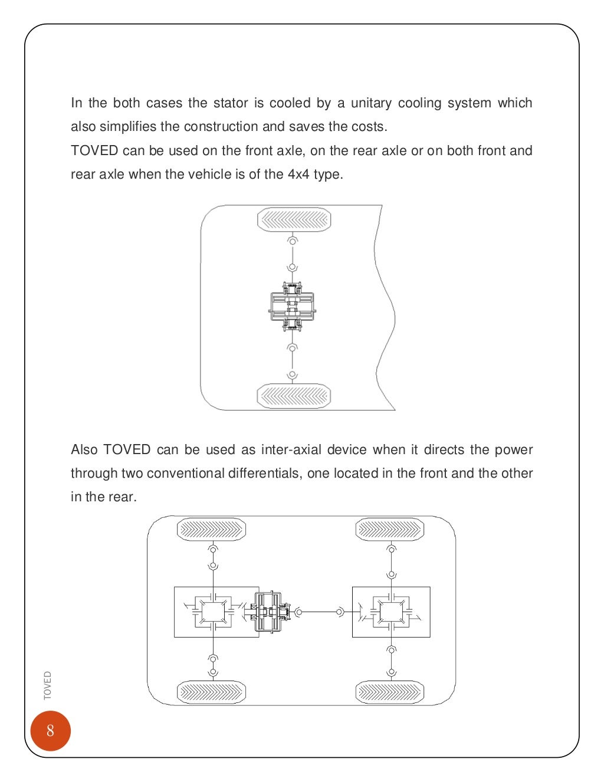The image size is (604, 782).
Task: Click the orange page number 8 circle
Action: pyautogui.click(x=50, y=731)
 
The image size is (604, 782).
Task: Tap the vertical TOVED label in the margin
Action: pyautogui.click(x=48, y=685)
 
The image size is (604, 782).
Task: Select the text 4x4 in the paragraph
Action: pyautogui.click(x=298, y=175)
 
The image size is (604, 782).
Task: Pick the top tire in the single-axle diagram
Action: pyautogui.click(x=294, y=220)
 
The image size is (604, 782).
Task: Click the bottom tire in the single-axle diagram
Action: pyautogui.click(x=294, y=396)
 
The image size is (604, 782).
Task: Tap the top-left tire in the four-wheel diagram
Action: pyautogui.click(x=211, y=530)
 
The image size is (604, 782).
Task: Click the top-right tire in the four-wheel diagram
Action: pyautogui.click(x=390, y=530)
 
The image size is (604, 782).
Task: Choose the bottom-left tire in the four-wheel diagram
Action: pyautogui.click(x=211, y=692)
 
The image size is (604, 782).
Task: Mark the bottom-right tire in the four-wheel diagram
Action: pyautogui.click(x=390, y=692)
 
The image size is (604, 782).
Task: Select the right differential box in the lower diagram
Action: pyautogui.click(x=391, y=612)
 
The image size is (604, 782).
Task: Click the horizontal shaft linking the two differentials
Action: pyautogui.click(x=319, y=612)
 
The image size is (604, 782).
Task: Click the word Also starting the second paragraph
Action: pyautogui.click(x=84, y=450)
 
